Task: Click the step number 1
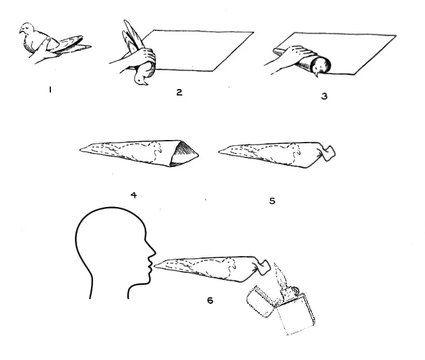point(50,90)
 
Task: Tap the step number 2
point(179,92)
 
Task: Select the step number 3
point(324,96)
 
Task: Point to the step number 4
point(134,195)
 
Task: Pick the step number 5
point(272,201)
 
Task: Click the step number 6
point(210,300)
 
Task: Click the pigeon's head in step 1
point(26,28)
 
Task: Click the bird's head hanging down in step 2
point(141,79)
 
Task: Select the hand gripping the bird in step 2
point(141,58)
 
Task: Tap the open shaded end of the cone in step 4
point(184,153)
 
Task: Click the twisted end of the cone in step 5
point(327,154)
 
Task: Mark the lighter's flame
point(280,275)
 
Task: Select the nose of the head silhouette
point(152,252)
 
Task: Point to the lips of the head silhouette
point(149,267)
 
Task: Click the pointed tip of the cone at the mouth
point(155,266)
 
